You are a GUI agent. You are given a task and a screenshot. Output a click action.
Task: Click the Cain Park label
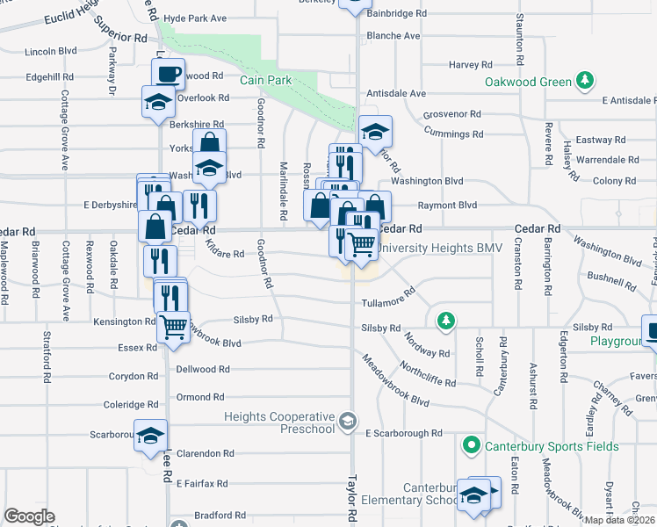pyautogui.click(x=265, y=80)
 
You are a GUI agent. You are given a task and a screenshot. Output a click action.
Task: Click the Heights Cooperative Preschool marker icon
pyautogui.click(x=350, y=423)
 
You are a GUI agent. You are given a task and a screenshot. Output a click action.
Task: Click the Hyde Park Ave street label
pyautogui.click(x=195, y=18)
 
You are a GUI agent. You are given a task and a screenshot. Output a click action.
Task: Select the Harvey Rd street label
pyautogui.click(x=470, y=65)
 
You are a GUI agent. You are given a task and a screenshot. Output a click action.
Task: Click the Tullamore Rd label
pyautogui.click(x=388, y=303)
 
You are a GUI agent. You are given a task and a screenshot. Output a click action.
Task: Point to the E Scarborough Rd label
pyautogui.click(x=404, y=434)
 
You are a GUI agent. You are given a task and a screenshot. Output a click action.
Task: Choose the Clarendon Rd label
pyautogui.click(x=205, y=454)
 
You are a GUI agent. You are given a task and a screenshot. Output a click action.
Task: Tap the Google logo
pyautogui.click(x=29, y=516)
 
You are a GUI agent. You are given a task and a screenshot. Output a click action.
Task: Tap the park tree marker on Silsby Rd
pyautogui.click(x=447, y=320)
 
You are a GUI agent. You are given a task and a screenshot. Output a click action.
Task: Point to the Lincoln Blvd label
pyautogui.click(x=51, y=51)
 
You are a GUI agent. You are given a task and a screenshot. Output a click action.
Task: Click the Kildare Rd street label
pyautogui.click(x=226, y=254)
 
